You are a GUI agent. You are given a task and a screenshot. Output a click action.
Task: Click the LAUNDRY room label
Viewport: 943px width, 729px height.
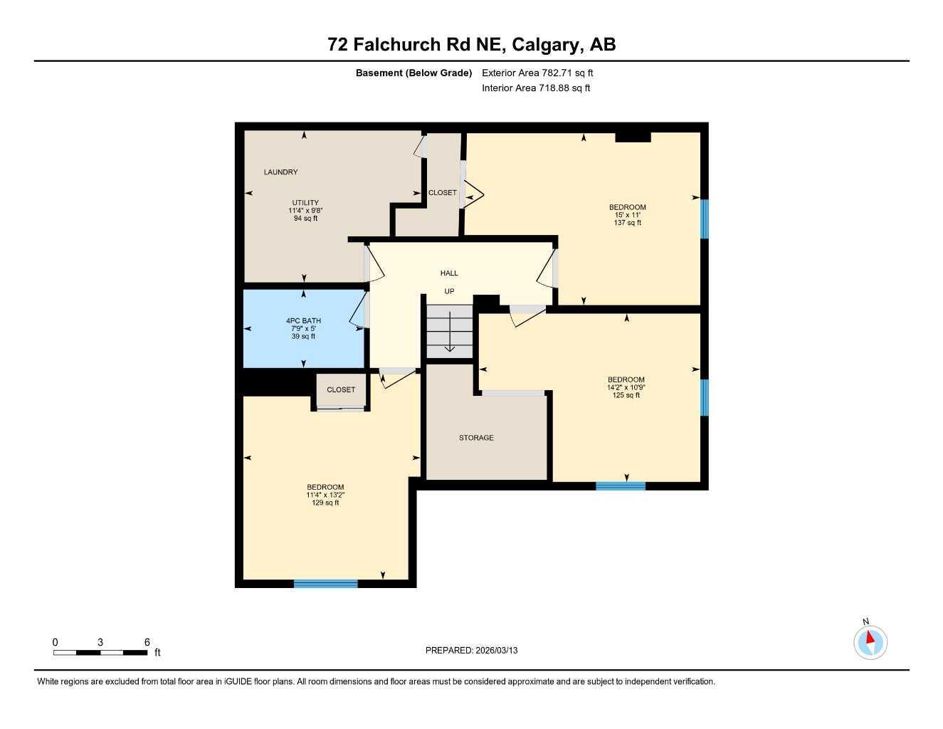pos(280,172)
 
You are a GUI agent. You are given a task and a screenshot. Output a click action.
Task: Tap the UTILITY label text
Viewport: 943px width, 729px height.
pos(305,203)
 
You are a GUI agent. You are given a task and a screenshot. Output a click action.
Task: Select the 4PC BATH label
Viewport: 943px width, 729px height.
pos(303,321)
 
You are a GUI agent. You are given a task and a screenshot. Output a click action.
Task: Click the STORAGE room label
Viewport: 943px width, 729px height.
pos(476,438)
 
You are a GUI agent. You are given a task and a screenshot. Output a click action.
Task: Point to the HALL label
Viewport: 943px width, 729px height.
pos(449,273)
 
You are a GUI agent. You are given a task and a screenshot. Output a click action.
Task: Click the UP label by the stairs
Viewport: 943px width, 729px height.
pos(449,291)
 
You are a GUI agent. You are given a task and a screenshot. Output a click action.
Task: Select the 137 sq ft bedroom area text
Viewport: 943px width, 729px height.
pos(627,223)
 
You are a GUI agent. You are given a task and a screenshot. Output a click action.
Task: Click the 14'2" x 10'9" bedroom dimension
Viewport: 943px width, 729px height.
pos(626,387)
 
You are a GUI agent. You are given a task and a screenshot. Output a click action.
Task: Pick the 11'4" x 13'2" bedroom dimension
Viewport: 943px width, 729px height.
pos(325,495)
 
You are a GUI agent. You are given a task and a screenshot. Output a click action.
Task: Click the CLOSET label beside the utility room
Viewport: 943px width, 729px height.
pos(442,193)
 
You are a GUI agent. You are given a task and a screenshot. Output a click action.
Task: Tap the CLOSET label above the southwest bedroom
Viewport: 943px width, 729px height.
pos(341,390)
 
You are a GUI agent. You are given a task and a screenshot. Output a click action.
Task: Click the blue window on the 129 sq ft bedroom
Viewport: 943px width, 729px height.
pos(325,584)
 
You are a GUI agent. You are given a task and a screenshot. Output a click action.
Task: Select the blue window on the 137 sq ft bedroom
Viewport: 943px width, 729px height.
pos(704,219)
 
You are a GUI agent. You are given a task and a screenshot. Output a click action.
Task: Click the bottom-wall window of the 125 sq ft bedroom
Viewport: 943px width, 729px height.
pos(621,486)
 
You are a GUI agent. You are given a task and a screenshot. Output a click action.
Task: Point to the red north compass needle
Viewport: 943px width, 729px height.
pos(870,637)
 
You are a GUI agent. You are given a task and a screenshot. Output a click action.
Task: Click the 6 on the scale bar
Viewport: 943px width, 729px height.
pos(147,642)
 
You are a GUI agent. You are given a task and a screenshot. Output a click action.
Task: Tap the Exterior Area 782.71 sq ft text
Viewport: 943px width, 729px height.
pos(537,73)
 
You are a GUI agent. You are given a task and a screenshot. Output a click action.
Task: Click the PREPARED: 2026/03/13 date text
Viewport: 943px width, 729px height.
pos(471,651)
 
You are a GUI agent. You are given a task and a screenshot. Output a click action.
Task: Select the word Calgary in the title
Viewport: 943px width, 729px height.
pos(545,45)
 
